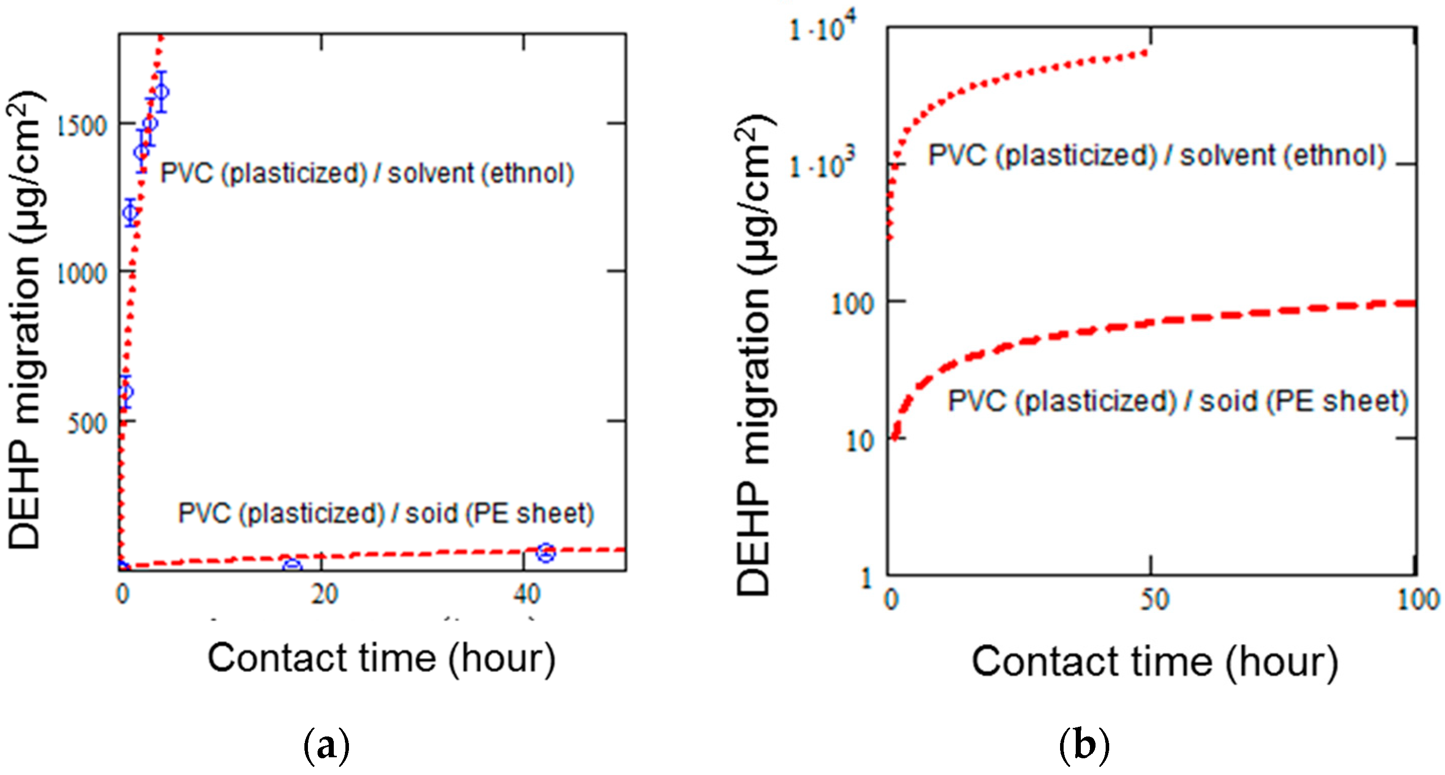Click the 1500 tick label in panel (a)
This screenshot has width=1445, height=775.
pos(82,126)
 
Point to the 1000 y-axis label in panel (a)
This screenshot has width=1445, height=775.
pos(82,274)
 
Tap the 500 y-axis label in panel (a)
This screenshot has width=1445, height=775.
pos(87,424)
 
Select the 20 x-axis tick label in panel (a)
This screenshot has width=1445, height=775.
pos(324,594)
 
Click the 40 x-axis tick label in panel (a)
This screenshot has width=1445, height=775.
pos(527,594)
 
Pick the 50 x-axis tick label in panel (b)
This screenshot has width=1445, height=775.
pos(1154,599)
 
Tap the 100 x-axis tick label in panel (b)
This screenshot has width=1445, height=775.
pos(1418,599)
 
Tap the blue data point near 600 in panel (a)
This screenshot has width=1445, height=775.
pos(126,392)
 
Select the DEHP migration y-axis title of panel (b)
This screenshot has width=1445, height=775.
pos(755,354)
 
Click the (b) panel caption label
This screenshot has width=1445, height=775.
pos(1084,746)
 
